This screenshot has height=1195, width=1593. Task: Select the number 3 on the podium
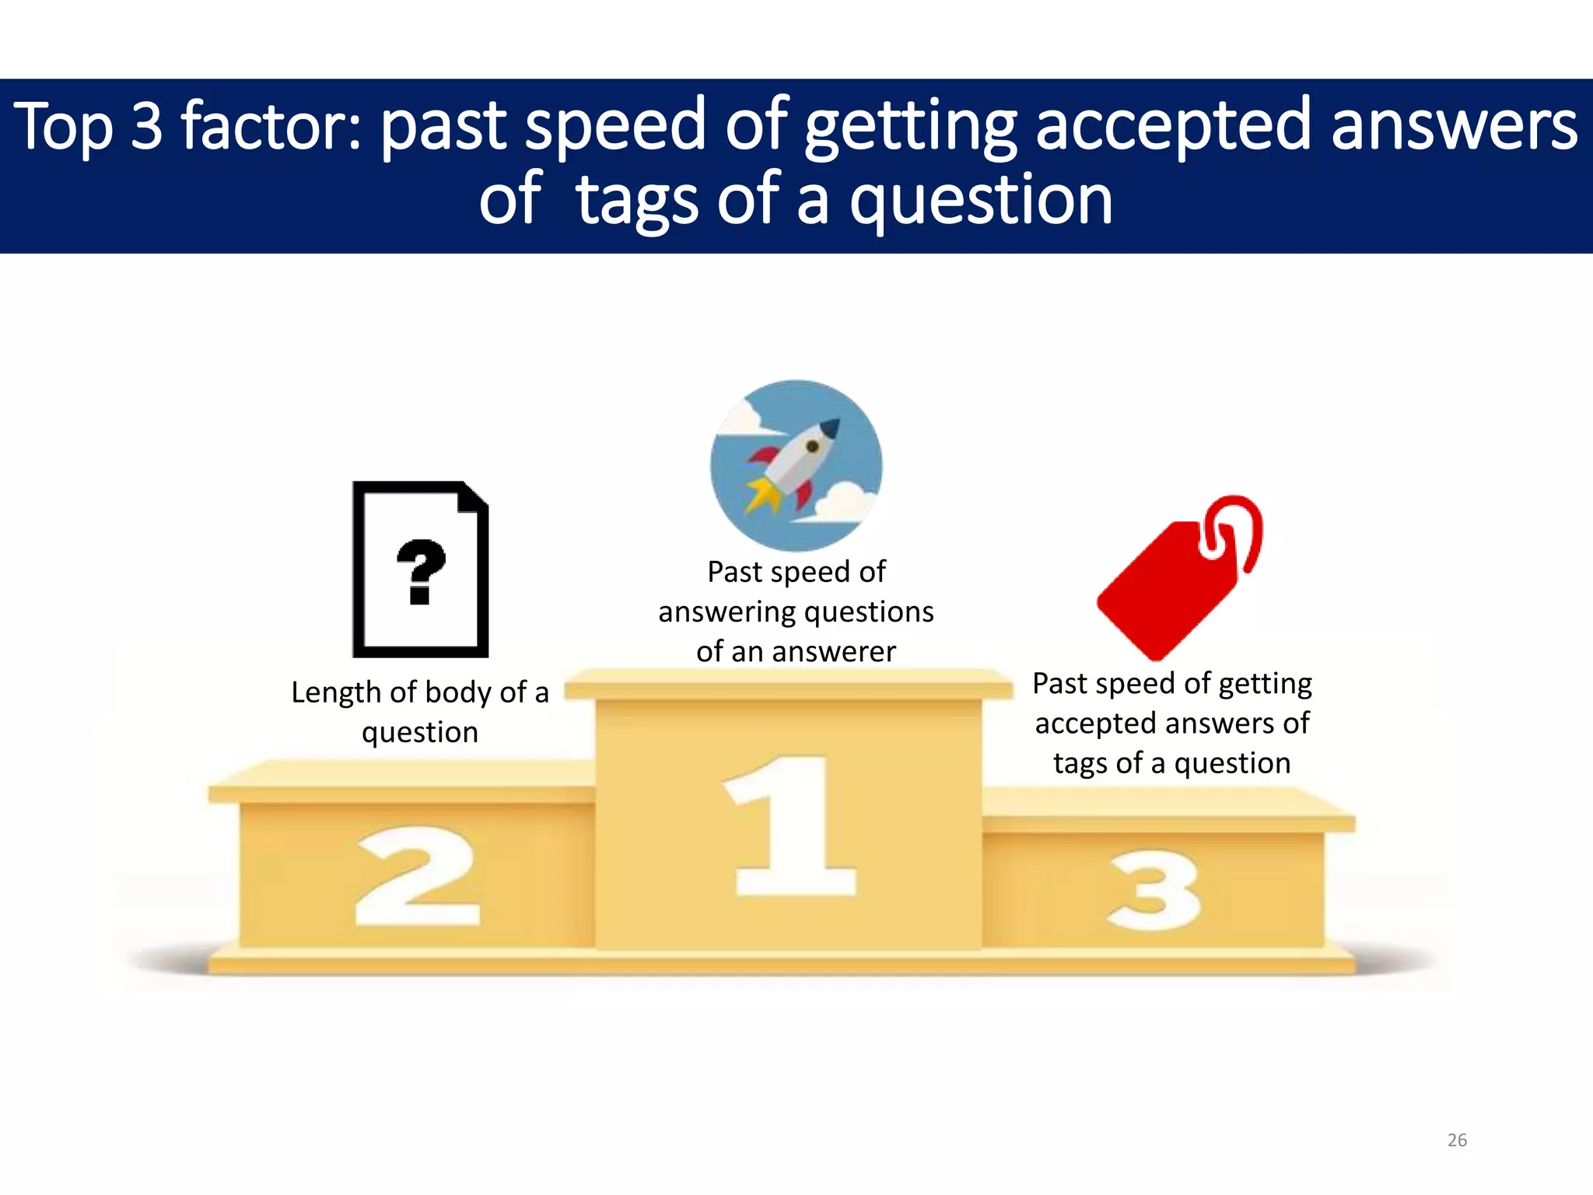pyautogui.click(x=1154, y=892)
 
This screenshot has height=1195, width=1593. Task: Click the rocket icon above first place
pyautogui.click(x=796, y=465)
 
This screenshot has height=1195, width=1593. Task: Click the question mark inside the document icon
pyautogui.click(x=421, y=571)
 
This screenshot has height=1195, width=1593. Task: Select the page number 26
pyautogui.click(x=1457, y=1140)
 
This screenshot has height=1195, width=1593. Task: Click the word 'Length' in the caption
pyautogui.click(x=336, y=692)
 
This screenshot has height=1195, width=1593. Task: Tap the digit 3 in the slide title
pyautogui.click(x=146, y=126)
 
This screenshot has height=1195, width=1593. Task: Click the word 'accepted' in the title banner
pyautogui.click(x=1175, y=126)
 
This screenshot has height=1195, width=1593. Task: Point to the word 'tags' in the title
pyautogui.click(x=637, y=201)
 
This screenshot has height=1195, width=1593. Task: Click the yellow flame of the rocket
pyautogui.click(x=761, y=495)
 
